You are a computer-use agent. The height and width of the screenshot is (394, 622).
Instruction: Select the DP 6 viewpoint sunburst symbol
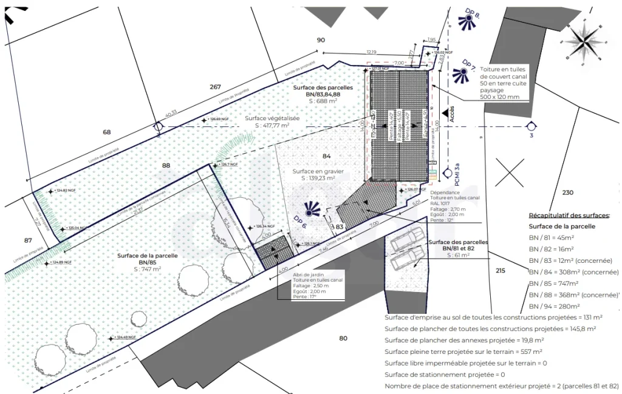(312, 209)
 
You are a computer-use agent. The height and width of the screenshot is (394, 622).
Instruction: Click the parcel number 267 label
(215, 87)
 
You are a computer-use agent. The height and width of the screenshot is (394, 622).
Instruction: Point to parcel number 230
(567, 192)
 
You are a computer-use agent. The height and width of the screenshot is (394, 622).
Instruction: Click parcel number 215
(500, 270)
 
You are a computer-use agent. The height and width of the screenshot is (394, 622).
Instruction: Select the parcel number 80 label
(343, 338)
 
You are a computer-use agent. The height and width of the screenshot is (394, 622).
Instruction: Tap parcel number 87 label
(28, 240)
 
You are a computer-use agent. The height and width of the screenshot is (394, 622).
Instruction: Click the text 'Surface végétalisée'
(272, 118)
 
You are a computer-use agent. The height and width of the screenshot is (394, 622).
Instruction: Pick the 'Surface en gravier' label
(318, 172)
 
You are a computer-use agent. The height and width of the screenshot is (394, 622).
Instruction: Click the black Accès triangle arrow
(446, 113)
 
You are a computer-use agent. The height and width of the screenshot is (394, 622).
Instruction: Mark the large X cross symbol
(509, 172)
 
